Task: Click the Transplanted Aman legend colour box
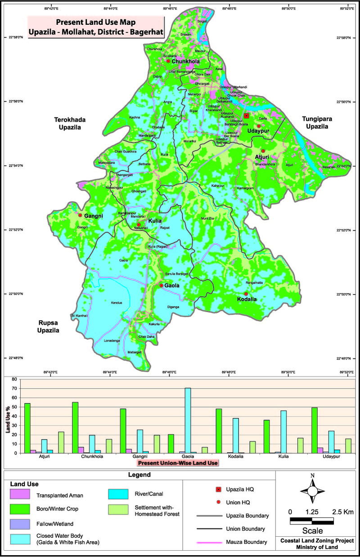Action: [21, 496]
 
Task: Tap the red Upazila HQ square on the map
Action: [246, 116]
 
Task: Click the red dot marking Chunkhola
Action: [168, 61]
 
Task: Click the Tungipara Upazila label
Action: [315, 122]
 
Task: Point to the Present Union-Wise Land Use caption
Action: [178, 462]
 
